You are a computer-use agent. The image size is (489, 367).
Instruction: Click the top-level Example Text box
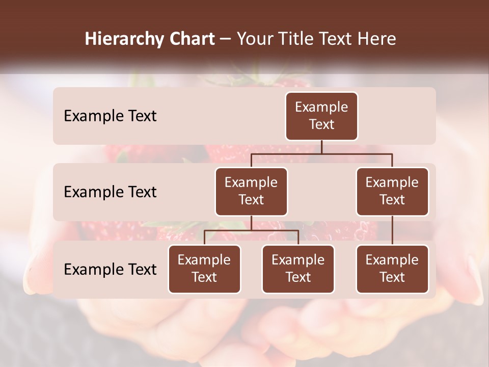(x=321, y=116)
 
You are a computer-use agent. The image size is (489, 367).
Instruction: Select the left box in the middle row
(x=251, y=191)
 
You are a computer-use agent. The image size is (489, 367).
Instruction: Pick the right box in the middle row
(x=392, y=191)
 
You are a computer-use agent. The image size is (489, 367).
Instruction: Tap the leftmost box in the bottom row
(x=204, y=269)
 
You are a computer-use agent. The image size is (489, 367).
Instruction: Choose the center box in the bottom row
(x=298, y=269)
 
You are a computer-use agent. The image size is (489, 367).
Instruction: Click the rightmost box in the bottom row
(x=392, y=269)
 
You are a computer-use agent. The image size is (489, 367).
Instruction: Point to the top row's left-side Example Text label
(x=110, y=116)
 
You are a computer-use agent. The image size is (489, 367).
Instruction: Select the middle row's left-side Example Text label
(x=110, y=192)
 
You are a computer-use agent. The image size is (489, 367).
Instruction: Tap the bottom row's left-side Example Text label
(x=110, y=269)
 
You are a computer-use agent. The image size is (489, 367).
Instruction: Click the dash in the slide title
(x=225, y=39)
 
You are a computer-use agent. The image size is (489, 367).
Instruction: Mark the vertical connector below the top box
(x=321, y=147)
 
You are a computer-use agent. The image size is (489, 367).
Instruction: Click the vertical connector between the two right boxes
(x=392, y=230)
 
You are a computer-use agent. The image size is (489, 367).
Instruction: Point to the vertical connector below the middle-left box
(x=251, y=223)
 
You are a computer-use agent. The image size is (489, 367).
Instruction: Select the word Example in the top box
(x=321, y=107)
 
